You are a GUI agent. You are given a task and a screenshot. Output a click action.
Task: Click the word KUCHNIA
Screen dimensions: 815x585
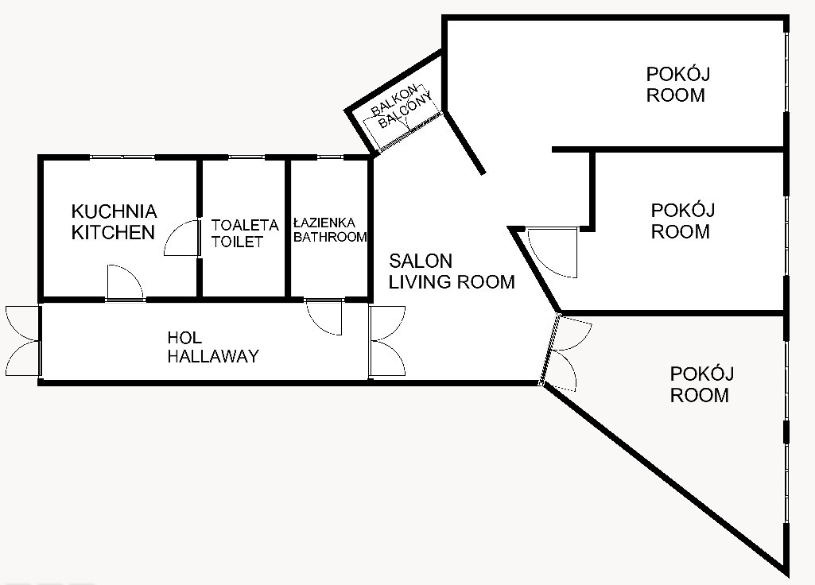(x=114, y=211)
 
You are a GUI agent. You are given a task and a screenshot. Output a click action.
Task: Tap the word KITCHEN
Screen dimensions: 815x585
(x=114, y=232)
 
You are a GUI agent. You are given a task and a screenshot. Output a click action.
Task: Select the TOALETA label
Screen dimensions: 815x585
(x=245, y=225)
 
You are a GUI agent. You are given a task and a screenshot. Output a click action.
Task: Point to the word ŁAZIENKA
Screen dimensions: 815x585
(x=324, y=223)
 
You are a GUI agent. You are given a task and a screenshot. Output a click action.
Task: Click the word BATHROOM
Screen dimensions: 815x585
(x=330, y=237)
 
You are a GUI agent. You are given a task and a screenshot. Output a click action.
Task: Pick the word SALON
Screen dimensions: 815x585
(x=421, y=260)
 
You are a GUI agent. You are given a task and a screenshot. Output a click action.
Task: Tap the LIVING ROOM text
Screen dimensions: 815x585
(x=452, y=281)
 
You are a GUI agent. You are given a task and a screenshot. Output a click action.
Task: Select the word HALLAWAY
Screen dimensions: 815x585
(x=213, y=356)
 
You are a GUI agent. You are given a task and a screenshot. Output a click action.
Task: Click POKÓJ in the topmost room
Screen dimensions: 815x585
(x=677, y=74)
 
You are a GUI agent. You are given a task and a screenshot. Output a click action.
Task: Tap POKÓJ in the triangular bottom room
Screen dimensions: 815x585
(x=701, y=374)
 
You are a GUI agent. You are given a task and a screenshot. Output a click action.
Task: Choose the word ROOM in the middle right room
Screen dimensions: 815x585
(x=681, y=231)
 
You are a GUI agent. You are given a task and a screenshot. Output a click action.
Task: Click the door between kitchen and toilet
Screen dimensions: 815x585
(x=182, y=238)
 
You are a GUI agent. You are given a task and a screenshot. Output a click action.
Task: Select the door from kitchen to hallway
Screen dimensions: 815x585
(x=125, y=283)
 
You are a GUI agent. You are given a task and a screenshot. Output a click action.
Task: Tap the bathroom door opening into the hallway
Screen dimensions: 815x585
(x=324, y=317)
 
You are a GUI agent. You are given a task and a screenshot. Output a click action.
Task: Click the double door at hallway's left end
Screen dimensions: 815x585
(x=23, y=341)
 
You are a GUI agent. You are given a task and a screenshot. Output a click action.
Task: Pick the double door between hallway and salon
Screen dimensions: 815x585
(x=387, y=341)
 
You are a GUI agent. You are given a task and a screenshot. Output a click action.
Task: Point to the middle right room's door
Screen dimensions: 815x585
(x=553, y=253)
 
